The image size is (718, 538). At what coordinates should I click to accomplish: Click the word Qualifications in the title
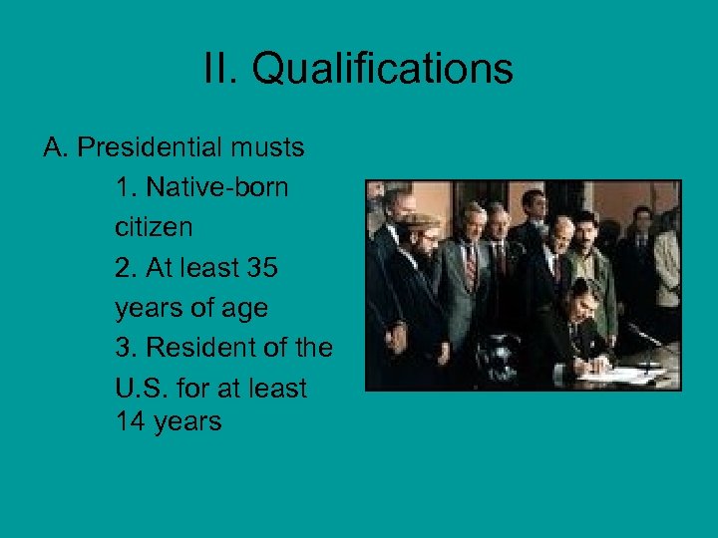point(382,70)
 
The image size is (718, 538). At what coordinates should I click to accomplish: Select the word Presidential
point(149,148)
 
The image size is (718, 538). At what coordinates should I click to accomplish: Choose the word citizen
point(154,228)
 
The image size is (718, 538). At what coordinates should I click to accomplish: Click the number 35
point(261,268)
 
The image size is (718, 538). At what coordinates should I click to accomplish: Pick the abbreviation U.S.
point(141,389)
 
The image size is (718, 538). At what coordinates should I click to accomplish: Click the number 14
point(131,421)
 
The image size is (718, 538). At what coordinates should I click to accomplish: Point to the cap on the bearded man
point(420,219)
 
